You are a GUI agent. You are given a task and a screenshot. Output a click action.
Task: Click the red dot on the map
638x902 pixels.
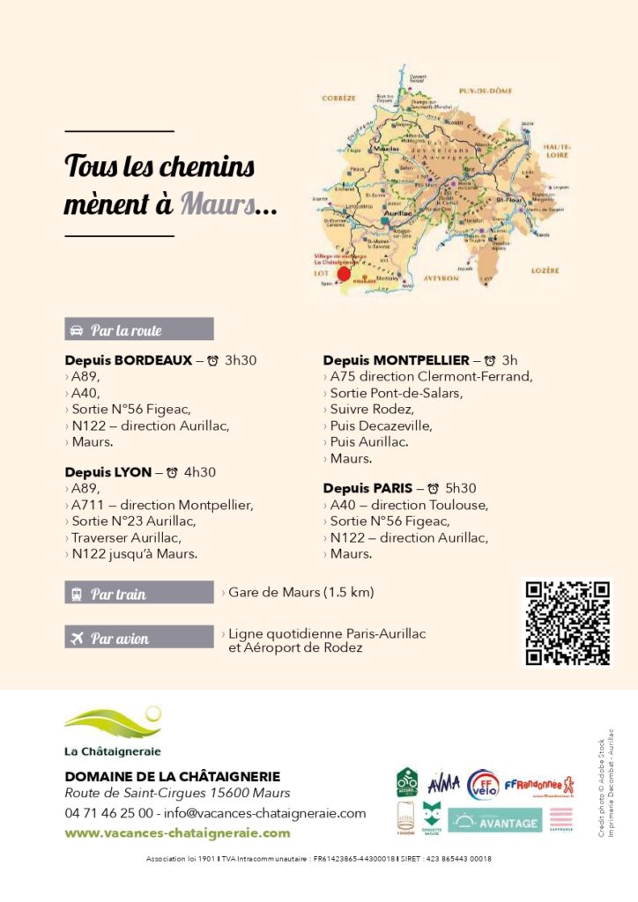coord(344,273)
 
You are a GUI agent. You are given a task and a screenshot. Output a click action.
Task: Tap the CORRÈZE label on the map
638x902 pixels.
coord(338,98)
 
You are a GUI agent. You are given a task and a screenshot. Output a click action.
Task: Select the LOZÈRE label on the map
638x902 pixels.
coord(545,271)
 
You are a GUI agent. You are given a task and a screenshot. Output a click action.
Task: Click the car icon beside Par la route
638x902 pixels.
coord(76,330)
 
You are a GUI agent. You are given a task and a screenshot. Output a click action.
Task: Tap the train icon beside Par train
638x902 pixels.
coord(76,594)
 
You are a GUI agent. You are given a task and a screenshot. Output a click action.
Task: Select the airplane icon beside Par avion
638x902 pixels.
coord(76,638)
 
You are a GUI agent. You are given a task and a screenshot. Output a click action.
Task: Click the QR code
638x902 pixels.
coord(567,623)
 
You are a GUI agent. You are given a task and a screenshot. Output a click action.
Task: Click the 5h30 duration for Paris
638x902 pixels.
coord(461,488)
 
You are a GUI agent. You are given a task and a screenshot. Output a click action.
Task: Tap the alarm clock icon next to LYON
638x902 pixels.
coord(172,473)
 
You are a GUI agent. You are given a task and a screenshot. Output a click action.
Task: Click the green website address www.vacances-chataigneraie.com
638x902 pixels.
coord(177,833)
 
